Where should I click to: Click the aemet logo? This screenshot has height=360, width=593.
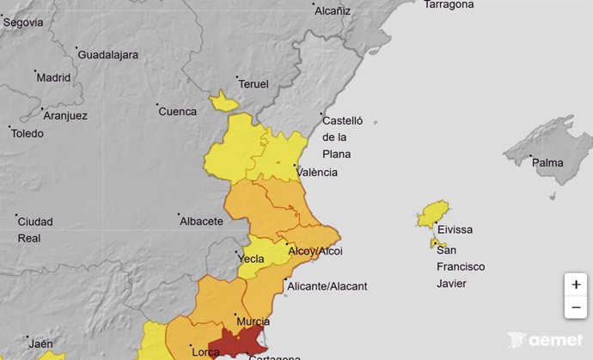(545, 340)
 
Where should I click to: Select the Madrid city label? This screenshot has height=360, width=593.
(53, 77)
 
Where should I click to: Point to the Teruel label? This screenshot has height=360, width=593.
(254, 84)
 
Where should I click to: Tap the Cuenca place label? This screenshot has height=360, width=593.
(178, 111)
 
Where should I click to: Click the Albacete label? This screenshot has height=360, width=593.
(201, 221)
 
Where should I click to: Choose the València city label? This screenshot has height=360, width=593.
(317, 172)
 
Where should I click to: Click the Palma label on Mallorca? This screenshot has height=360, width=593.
(547, 162)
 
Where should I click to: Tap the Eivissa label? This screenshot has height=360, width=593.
(455, 229)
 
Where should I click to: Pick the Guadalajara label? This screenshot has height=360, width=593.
(108, 55)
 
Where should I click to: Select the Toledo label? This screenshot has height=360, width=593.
(28, 133)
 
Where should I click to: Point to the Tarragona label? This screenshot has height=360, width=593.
(449, 4)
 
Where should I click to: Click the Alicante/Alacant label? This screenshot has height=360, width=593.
(328, 286)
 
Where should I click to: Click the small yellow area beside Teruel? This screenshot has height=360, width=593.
(224, 103)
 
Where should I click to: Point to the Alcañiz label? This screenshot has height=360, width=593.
(333, 11)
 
